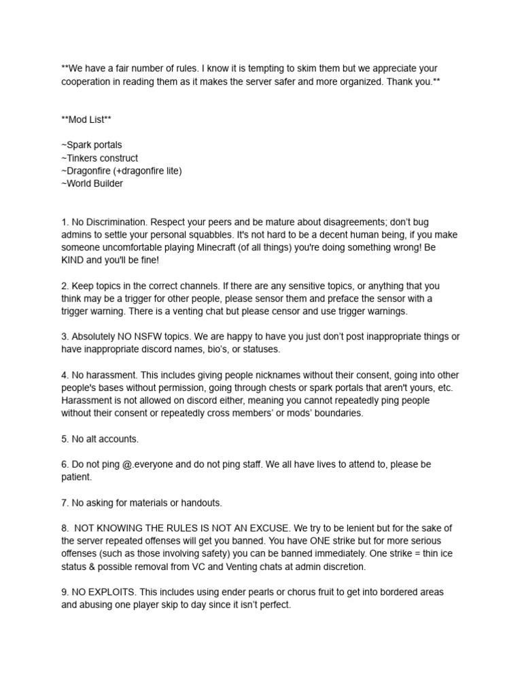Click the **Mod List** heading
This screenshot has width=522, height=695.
pyautogui.click(x=86, y=119)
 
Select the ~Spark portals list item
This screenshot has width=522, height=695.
pyautogui.click(x=92, y=145)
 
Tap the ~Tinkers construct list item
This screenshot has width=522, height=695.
pyautogui.click(x=99, y=158)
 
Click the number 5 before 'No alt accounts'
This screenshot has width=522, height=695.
pyautogui.click(x=64, y=439)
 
